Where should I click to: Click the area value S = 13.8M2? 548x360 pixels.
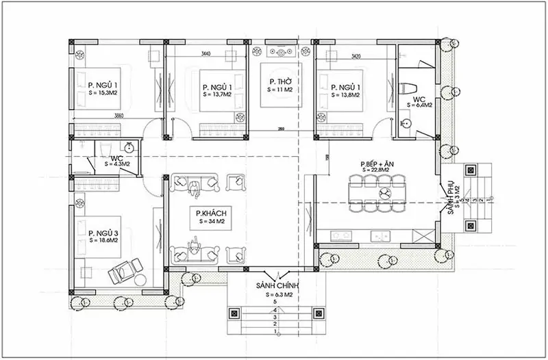[x=346, y=97]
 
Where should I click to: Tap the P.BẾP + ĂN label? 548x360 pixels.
[x=377, y=164]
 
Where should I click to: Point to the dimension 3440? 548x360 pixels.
[x=206, y=53]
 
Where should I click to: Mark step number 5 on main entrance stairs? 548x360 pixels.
[x=274, y=302]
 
